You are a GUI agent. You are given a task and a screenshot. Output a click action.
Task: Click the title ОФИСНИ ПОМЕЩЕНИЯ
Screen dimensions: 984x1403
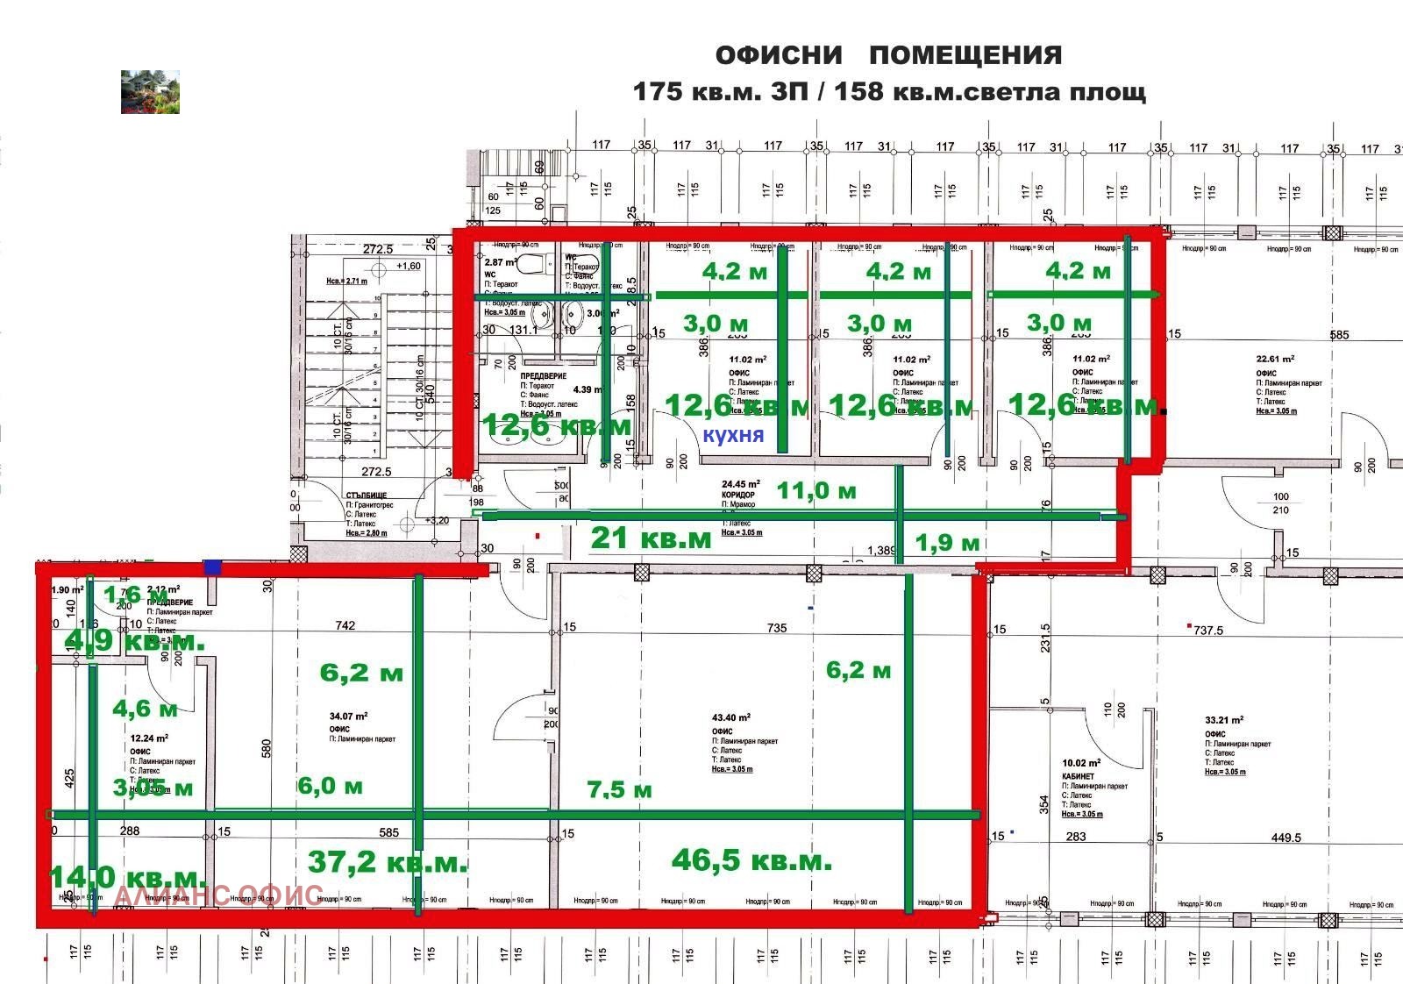point(888,55)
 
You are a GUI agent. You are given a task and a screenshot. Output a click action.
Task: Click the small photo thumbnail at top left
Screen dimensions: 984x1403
point(150,92)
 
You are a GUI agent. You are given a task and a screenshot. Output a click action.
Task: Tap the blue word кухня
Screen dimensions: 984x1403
point(733,435)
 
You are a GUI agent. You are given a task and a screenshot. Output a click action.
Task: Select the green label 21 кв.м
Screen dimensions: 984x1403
point(651,538)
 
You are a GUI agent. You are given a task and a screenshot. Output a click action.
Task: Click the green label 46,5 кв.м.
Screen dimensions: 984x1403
point(751,860)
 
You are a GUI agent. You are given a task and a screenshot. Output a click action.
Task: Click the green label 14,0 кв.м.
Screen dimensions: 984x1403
point(127,876)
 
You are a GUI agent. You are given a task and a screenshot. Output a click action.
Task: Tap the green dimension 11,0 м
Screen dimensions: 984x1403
point(816,490)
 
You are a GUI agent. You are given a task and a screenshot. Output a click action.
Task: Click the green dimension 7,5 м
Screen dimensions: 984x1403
point(619,789)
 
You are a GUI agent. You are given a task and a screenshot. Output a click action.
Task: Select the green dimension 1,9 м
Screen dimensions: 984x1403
point(946,543)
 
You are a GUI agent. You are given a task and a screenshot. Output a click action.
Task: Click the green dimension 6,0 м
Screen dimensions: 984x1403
point(330,785)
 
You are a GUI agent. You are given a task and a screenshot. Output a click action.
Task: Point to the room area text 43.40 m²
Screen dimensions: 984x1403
point(730,717)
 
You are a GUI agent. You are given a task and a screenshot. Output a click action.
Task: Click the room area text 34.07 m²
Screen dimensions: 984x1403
point(348,716)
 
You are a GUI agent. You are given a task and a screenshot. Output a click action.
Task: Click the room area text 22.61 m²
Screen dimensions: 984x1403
point(1275,359)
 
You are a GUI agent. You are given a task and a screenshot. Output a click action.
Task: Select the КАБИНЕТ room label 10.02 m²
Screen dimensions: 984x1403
point(1080,763)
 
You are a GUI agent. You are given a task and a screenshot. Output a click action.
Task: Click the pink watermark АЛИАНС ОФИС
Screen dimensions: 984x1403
point(219,895)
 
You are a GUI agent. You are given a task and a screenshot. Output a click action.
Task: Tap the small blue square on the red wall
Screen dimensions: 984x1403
point(211,567)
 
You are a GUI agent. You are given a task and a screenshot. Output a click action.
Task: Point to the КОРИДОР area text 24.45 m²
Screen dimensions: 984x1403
point(741,483)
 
